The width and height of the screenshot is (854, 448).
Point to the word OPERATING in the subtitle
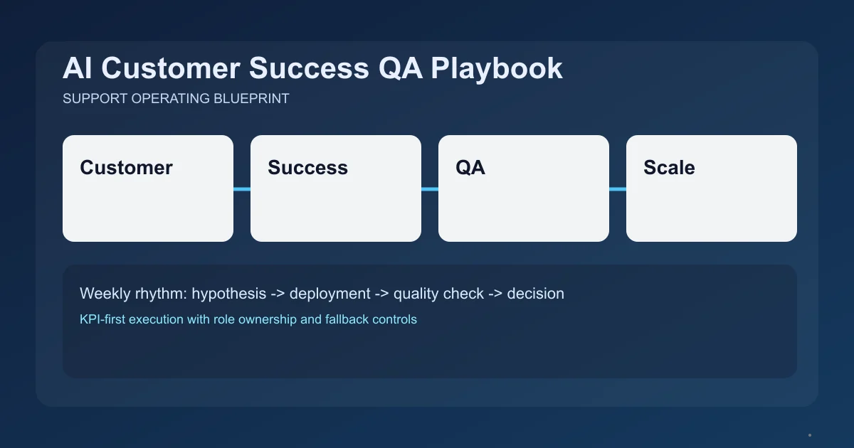pos(170,99)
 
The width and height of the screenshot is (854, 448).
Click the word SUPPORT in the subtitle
pos(95,99)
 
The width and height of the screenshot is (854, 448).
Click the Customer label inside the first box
pos(126,168)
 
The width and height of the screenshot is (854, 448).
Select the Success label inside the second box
pos(307,168)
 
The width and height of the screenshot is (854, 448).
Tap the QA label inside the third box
pos(470,168)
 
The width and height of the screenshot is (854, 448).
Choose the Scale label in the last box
pos(669,168)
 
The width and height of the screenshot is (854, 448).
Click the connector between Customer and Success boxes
pos(242,189)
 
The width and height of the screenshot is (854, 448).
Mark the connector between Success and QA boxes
pos(430,189)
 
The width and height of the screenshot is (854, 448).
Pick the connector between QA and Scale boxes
pos(618,189)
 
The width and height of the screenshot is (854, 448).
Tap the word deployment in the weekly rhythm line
pos(330,293)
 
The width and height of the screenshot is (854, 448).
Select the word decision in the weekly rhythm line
pos(535,293)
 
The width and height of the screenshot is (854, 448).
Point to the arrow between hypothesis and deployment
pos(278,293)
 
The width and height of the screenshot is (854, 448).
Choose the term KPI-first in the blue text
pos(103,319)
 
